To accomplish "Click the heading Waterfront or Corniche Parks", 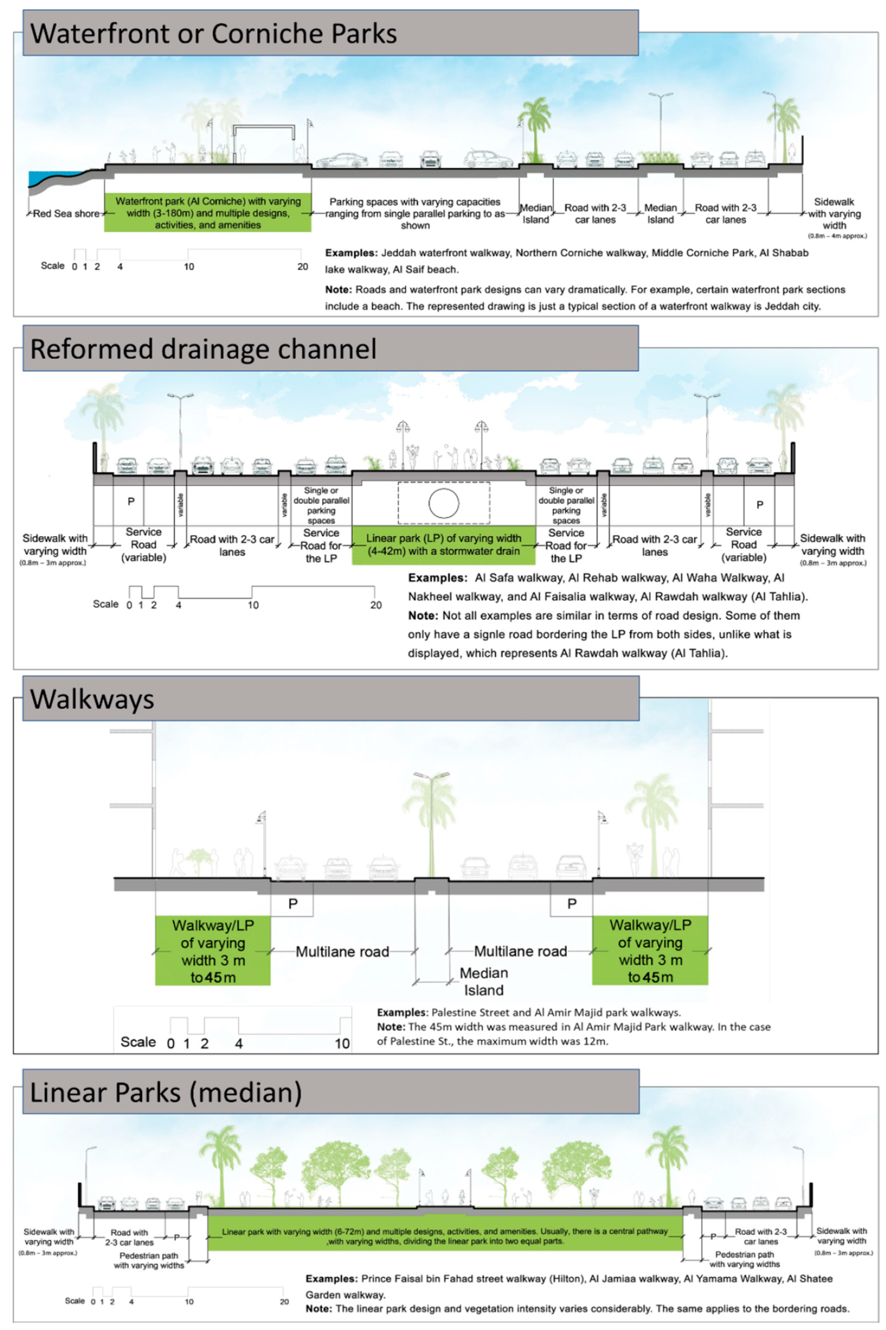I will coord(213,34).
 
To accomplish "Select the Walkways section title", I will coord(92,699).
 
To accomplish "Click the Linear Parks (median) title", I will coord(165,1092).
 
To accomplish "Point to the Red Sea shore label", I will coord(66,213).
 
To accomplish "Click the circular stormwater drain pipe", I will coord(444,503).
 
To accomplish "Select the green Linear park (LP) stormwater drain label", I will coord(444,545).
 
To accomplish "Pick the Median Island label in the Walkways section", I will coord(484,982).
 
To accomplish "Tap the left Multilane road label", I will coord(342,952).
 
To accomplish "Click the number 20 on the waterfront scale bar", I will coord(303,267).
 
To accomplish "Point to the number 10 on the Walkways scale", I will coord(342,1044).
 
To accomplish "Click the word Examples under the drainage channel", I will coord(438,578).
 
